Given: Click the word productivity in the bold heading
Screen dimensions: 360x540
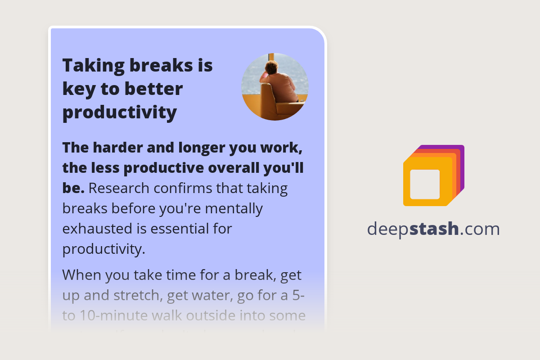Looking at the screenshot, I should coord(119,112).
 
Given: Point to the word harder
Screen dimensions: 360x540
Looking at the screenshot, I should coord(121,147).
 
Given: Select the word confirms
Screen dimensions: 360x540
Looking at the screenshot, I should coord(186,189).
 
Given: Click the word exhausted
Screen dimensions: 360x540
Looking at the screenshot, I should coord(97,229).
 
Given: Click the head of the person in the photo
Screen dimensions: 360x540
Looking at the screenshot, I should coord(271,67).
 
